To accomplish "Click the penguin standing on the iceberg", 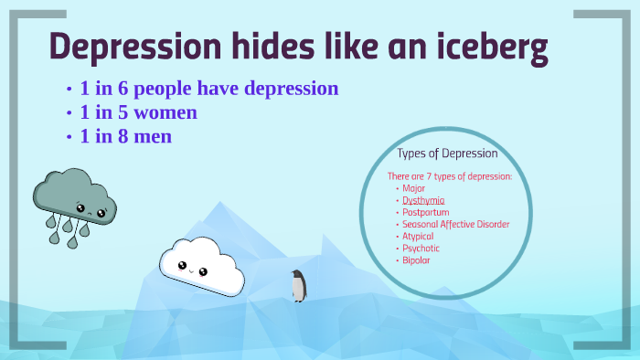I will (x=298, y=286).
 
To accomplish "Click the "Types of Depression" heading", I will (x=447, y=154).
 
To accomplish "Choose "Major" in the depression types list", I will (x=414, y=188).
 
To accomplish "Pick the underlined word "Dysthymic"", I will (x=423, y=200).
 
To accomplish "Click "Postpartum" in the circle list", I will (x=426, y=212).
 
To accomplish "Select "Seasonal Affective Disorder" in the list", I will (x=455, y=224).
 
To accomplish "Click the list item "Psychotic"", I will (x=421, y=248).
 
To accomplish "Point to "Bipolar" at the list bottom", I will (x=416, y=259).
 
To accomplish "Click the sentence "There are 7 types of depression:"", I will (x=449, y=175).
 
